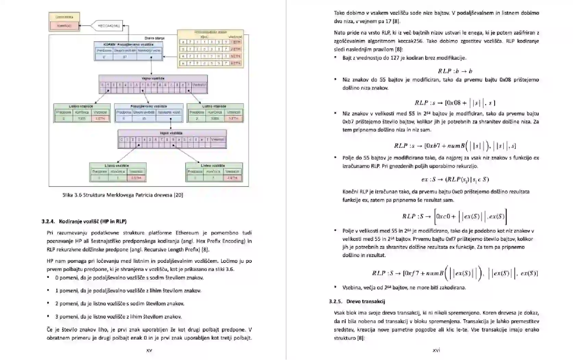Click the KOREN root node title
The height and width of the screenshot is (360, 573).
point(128,44)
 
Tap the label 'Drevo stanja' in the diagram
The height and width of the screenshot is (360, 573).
point(154,38)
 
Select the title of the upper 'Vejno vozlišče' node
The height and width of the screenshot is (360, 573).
point(153,78)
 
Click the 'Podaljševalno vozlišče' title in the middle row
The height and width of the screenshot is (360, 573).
point(149,106)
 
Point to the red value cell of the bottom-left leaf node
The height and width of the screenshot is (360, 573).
point(136,178)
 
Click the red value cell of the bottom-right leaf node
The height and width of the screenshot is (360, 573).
point(232,178)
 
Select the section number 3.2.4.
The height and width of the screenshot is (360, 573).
point(48,221)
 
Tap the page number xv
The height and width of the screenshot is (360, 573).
point(149,350)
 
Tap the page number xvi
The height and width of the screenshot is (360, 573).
point(436,350)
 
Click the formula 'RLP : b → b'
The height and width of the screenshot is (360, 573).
point(455,71)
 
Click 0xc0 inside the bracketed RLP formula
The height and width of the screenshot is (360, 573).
point(443,216)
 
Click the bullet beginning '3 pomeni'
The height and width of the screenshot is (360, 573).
point(118,317)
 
